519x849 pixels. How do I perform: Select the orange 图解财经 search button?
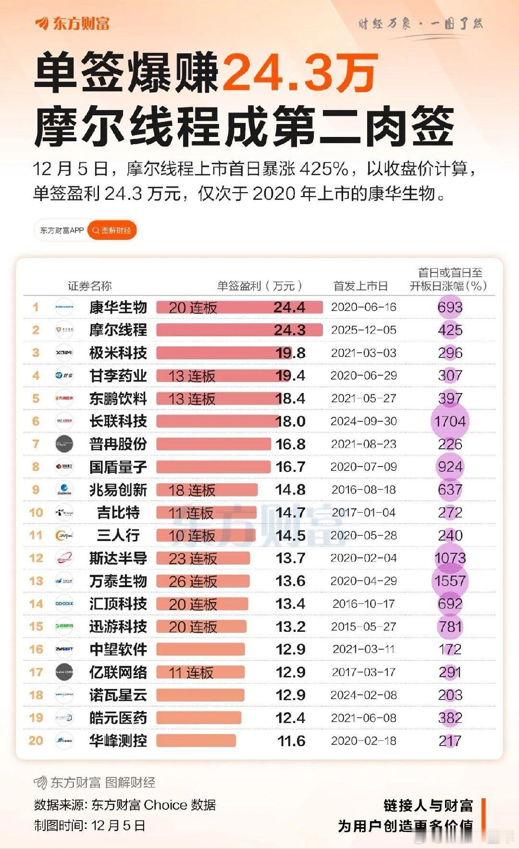(112, 231)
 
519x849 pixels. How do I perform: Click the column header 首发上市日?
(360, 286)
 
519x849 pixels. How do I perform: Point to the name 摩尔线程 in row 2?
(118, 330)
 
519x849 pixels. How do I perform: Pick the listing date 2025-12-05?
(363, 330)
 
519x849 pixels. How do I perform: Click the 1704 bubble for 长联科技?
(450, 421)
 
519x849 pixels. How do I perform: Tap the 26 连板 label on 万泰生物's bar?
(193, 581)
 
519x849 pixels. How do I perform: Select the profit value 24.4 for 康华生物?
(289, 308)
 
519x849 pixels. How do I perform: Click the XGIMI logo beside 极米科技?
(64, 353)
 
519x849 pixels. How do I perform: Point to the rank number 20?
(36, 740)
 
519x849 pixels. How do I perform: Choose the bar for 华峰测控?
(196, 740)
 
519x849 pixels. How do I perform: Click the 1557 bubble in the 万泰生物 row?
(450, 581)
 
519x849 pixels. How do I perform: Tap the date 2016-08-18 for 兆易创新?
(363, 490)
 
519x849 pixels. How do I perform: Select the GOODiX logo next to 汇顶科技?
(64, 603)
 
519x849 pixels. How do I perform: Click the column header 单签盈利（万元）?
(259, 286)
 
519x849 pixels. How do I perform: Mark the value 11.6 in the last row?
(291, 741)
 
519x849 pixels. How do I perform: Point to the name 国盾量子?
(118, 467)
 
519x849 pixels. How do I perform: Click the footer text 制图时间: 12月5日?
(89, 825)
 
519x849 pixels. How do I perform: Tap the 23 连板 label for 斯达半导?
(193, 558)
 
